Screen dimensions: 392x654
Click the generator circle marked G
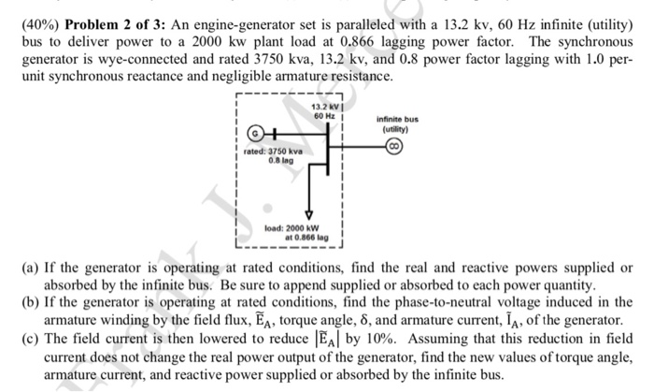(x=255, y=133)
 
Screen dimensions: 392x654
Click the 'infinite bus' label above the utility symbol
(x=397, y=120)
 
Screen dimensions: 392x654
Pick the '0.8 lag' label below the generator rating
(x=280, y=160)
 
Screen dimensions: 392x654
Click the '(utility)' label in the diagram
(x=397, y=130)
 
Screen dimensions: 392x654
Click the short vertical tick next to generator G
(x=275, y=133)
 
